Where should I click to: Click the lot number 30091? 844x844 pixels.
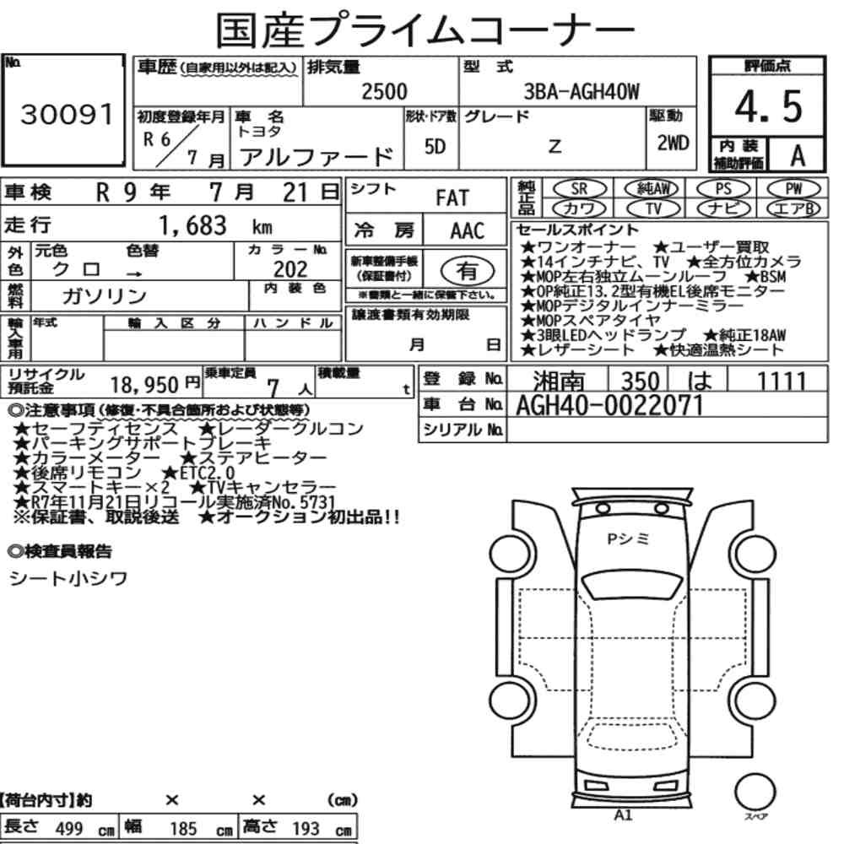click(x=68, y=114)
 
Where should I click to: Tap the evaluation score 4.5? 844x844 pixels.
click(x=768, y=106)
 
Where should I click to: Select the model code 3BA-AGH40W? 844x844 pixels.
click(x=582, y=92)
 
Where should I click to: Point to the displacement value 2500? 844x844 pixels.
click(x=384, y=91)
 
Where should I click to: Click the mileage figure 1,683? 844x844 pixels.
click(x=192, y=225)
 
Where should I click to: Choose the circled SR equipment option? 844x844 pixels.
click(x=580, y=188)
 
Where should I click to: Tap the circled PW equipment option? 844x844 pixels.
click(x=794, y=188)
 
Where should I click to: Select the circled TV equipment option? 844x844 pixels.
click(x=653, y=208)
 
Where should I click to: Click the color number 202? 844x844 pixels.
click(x=290, y=269)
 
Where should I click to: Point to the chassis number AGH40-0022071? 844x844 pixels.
click(x=609, y=405)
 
